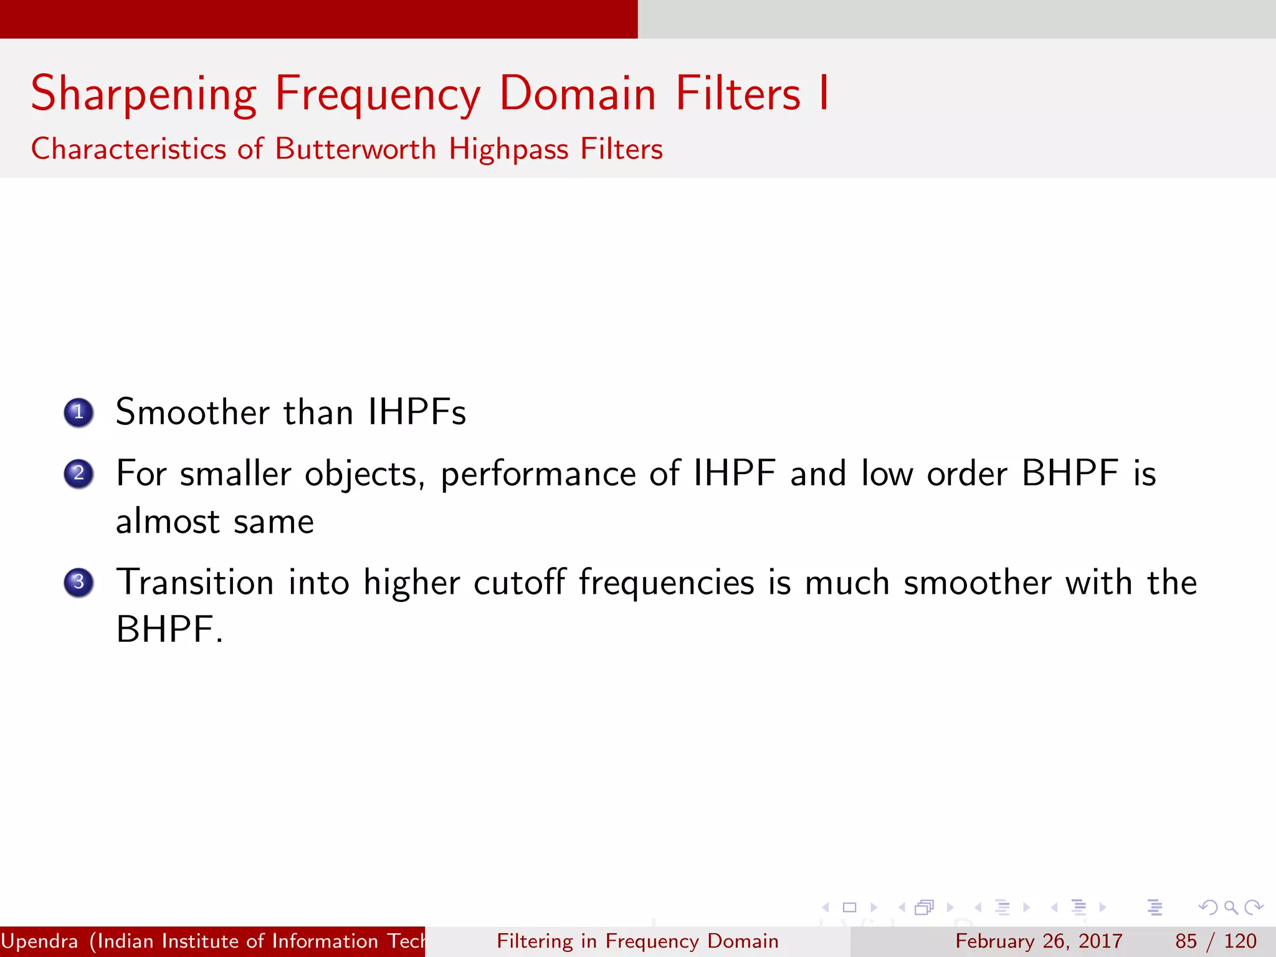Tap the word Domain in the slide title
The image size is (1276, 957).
[x=578, y=93]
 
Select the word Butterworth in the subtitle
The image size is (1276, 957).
[x=355, y=150]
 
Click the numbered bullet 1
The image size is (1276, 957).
[x=79, y=412]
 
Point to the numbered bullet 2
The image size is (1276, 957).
[x=79, y=474]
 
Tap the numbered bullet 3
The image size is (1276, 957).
[x=79, y=583]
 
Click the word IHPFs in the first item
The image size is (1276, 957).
[x=416, y=412]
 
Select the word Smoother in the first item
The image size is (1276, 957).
[x=193, y=412]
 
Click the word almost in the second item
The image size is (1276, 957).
[x=168, y=521]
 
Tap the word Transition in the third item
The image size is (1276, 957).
[x=195, y=583]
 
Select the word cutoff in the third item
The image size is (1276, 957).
[x=519, y=583]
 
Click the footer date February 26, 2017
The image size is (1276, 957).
[x=1039, y=941]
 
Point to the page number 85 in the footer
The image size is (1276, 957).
[x=1186, y=941]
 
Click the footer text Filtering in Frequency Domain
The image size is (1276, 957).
[x=637, y=941]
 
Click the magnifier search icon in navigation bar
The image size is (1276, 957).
[x=1230, y=908]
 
